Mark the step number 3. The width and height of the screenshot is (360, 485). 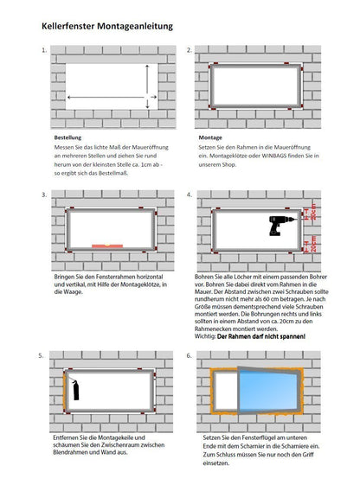click(43, 195)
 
